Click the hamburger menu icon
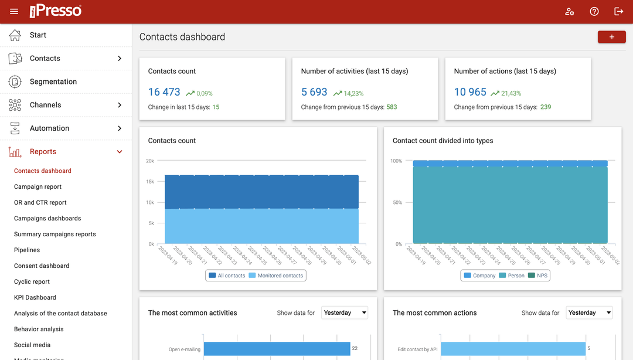tap(14, 12)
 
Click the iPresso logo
tap(56, 11)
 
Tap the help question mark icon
tap(594, 12)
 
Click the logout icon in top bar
tap(618, 12)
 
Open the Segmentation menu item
tap(53, 81)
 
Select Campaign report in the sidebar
tap(38, 186)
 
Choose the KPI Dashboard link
tap(35, 297)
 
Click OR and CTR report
tap(40, 202)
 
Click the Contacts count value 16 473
tap(164, 92)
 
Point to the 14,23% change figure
tap(353, 93)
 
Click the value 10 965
tap(470, 92)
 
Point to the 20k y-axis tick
tap(150, 161)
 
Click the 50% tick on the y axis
tap(396, 202)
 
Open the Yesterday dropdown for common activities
tap(345, 313)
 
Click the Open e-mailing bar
tap(277, 349)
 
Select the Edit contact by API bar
tap(513, 349)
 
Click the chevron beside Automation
tap(120, 128)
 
